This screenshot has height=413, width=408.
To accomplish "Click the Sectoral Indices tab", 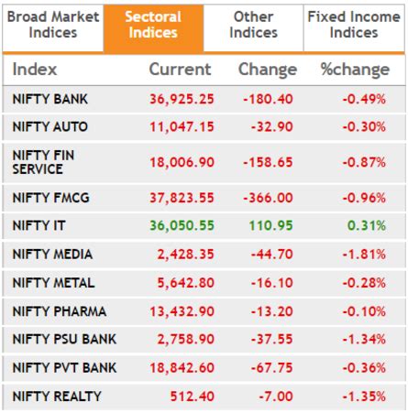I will pyautogui.click(x=152, y=25).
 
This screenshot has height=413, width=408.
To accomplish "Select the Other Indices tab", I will pyautogui.click(x=253, y=25).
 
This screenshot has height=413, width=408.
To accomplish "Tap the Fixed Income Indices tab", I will pyautogui.click(x=354, y=25).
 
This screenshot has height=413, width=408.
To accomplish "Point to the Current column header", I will pyautogui.click(x=180, y=70).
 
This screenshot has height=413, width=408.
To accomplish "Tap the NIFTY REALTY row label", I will pyautogui.click(x=57, y=396).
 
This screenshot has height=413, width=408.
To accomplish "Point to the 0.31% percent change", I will pyautogui.click(x=366, y=224).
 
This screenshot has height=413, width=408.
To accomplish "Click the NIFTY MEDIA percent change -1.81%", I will pyautogui.click(x=363, y=254).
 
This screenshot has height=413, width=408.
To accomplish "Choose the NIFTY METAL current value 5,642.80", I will pyautogui.click(x=186, y=282).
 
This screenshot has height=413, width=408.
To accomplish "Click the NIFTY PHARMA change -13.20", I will pyautogui.click(x=270, y=310).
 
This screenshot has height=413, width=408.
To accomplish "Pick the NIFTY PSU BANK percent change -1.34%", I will pyautogui.click(x=363, y=339).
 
